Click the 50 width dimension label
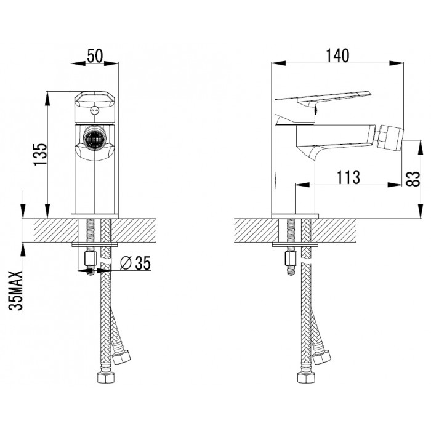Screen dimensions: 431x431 (x=95, y=56)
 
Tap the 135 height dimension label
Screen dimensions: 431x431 (x=40, y=155)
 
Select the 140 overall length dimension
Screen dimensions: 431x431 (x=338, y=56)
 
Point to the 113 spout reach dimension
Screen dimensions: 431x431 (x=348, y=177)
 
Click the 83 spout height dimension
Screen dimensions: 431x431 (x=413, y=179)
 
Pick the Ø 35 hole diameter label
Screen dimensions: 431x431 (x=135, y=263)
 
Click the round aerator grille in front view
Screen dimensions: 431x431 (x=94, y=139)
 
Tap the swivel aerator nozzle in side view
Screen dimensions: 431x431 (x=388, y=137)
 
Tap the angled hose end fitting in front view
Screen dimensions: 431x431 (x=121, y=356)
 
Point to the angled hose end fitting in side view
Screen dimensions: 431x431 (x=321, y=356)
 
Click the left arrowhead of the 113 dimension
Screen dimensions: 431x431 (x=302, y=185)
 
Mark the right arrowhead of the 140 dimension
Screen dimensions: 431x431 (x=397, y=63)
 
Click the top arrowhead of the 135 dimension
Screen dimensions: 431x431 (x=48, y=99)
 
